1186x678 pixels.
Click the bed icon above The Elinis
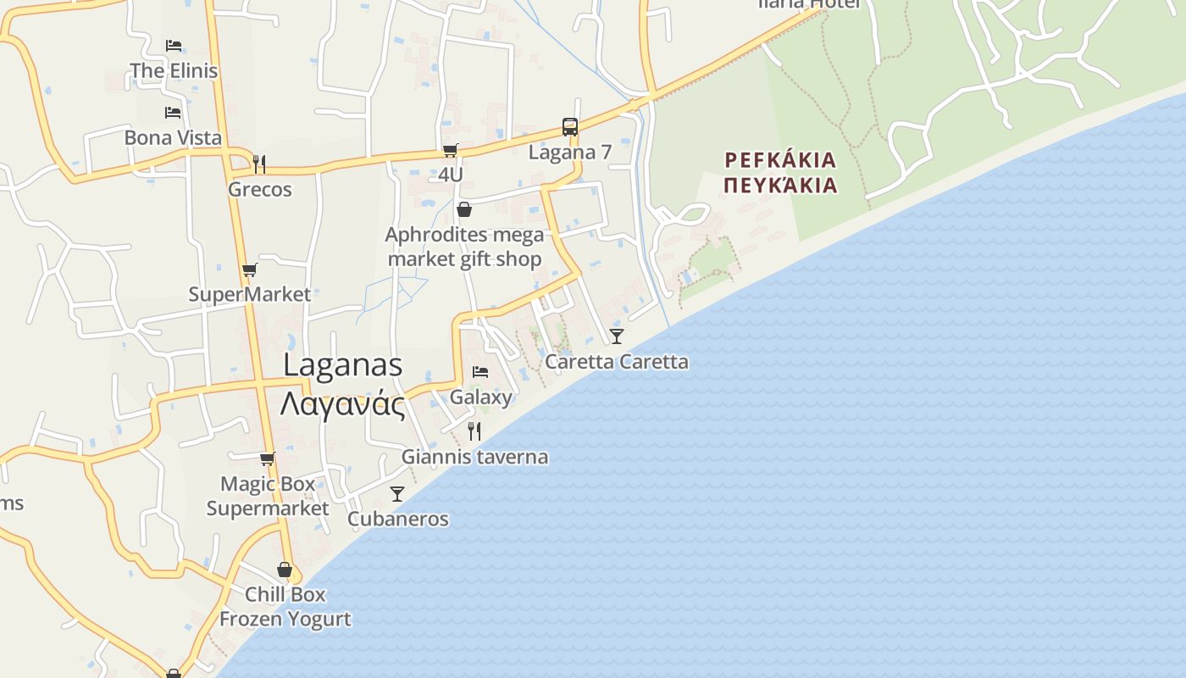[174, 45]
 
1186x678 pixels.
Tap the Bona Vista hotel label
[173, 137]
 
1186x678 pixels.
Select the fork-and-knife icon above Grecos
[259, 163]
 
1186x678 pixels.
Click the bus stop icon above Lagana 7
[570, 127]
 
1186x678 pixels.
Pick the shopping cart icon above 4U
[450, 150]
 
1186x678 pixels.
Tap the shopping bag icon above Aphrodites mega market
[464, 209]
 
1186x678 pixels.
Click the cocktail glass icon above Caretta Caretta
[617, 336]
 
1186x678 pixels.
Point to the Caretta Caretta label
[617, 362]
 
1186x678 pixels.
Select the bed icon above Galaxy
[480, 372]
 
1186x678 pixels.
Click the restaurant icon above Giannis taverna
[474, 431]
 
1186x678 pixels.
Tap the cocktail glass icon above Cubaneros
[397, 493]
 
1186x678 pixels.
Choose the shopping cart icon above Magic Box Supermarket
[267, 458]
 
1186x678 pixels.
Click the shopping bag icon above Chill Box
[285, 570]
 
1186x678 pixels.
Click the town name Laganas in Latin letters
[342, 365]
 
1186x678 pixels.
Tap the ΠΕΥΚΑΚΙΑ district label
[781, 185]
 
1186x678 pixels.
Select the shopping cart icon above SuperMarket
[249, 270]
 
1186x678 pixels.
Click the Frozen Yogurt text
[285, 619]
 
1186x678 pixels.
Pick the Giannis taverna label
[474, 457]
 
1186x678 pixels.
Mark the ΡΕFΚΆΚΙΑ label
[781, 160]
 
